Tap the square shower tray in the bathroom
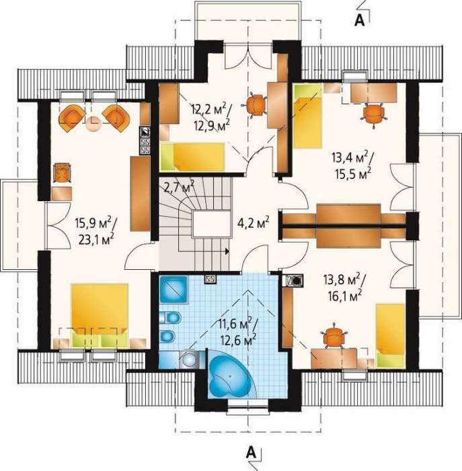(x=174, y=289)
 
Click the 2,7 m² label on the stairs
(x=179, y=187)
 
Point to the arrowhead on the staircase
(x=227, y=251)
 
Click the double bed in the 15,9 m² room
(x=100, y=315)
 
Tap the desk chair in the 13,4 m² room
(x=373, y=114)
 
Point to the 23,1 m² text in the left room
(x=96, y=240)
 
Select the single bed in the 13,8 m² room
(x=390, y=335)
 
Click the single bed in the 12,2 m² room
(x=192, y=157)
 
